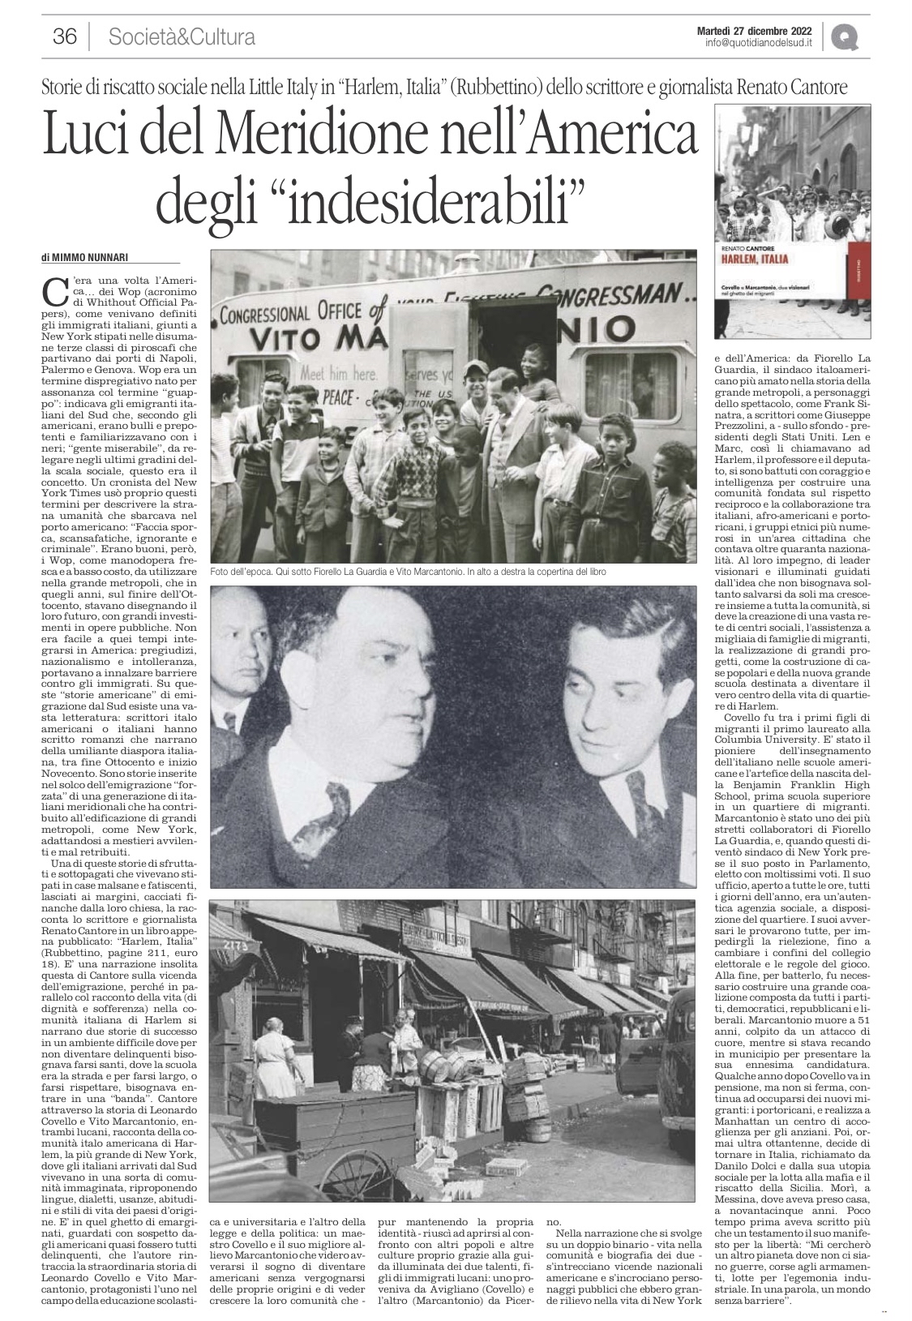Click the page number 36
click(64, 36)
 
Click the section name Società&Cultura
click(182, 36)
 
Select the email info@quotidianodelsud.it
click(760, 43)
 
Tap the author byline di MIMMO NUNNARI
click(88, 258)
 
